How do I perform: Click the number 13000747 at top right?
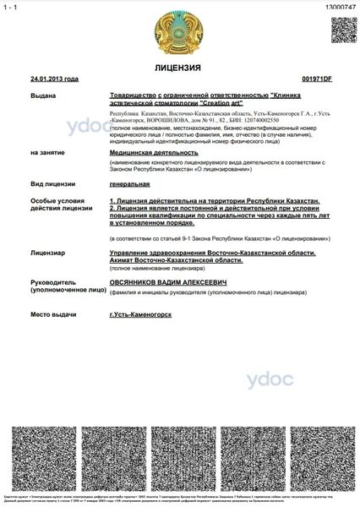point(341,6)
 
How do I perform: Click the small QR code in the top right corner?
point(341,29)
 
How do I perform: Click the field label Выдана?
point(41,96)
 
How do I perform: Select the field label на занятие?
point(46,153)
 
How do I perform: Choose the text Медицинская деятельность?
point(146,153)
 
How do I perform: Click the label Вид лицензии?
point(48,183)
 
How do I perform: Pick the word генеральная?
point(130,183)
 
